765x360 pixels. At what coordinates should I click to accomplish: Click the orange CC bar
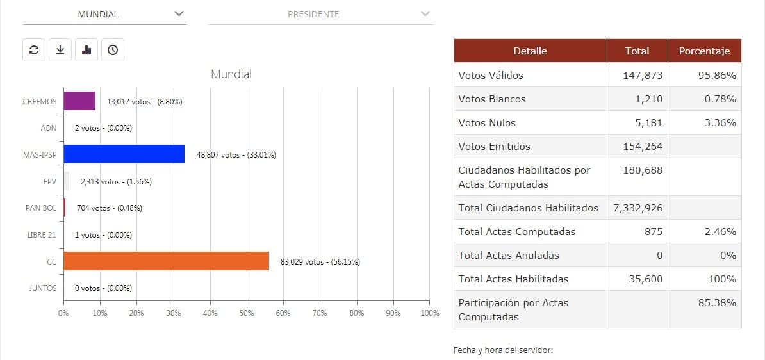point(166,261)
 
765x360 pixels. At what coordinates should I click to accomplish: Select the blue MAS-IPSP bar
point(124,154)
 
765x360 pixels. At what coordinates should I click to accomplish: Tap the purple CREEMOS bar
point(79,101)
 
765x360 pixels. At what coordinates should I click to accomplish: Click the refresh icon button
point(34,50)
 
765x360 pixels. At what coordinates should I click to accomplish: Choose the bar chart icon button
point(86,50)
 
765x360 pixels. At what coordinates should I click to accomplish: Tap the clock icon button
point(113,50)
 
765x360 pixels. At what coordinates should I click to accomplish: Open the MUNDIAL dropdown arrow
point(179,13)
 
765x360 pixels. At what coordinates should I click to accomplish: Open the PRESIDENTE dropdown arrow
point(425,13)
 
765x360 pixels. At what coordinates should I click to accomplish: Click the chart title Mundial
point(231,74)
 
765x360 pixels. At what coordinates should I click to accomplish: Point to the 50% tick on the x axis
point(247,313)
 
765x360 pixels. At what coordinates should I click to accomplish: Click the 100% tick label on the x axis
point(429,313)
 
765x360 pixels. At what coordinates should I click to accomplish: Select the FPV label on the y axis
point(49,181)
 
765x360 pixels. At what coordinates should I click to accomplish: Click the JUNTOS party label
point(44,288)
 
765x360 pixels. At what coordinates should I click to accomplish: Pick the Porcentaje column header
point(704,51)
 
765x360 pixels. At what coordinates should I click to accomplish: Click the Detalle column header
point(530,51)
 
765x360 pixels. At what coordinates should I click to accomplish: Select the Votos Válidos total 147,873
point(643,75)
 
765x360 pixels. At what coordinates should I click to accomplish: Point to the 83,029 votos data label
point(320,261)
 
